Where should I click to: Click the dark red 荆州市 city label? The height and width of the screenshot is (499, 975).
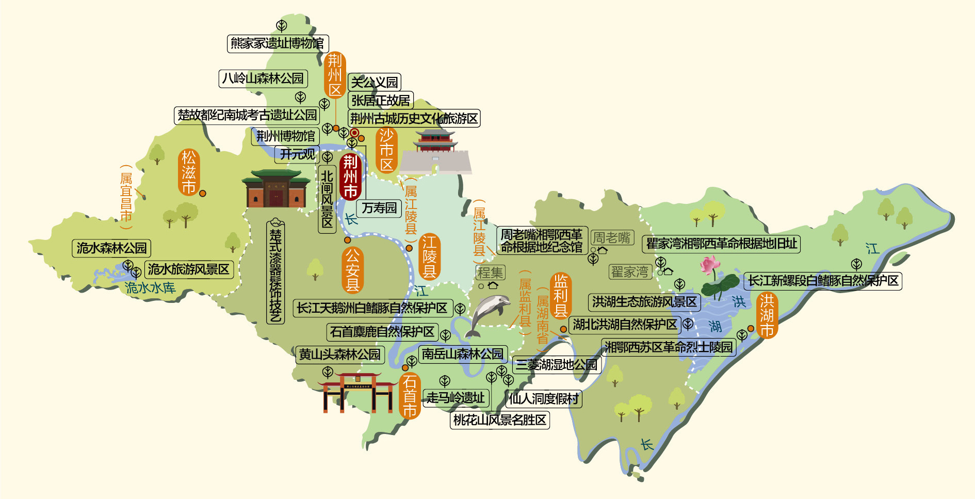[x=350, y=176]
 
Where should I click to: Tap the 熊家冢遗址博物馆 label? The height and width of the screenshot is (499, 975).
[x=278, y=43]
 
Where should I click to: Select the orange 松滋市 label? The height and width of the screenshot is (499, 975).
[x=189, y=172]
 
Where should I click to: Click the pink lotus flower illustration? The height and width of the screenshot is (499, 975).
[x=710, y=266]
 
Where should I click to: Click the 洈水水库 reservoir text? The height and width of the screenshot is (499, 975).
[x=150, y=288]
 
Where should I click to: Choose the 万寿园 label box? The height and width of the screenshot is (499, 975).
[x=379, y=208]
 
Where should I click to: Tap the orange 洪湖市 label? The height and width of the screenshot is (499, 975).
[x=767, y=315]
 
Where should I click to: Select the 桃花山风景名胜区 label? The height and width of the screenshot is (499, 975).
[x=499, y=420]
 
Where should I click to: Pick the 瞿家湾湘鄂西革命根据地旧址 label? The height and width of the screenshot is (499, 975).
[x=721, y=244]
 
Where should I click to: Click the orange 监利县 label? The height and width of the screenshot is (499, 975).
[x=561, y=296]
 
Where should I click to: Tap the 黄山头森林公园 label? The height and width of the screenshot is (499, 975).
[x=339, y=355]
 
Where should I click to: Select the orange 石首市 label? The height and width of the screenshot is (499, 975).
[x=410, y=396]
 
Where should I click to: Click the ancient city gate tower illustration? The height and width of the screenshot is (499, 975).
[x=435, y=152]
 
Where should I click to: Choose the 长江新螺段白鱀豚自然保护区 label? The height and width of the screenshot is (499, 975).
[x=823, y=281]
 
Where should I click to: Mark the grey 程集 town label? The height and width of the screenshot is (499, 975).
[x=490, y=272]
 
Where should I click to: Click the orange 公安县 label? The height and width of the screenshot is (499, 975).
[x=353, y=270]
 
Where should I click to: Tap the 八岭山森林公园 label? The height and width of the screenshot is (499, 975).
[x=263, y=78]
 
